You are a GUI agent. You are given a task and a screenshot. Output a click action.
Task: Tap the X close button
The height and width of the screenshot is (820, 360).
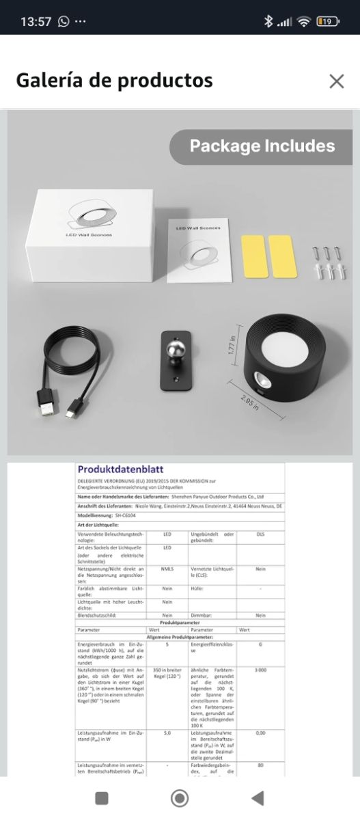tap(336, 81)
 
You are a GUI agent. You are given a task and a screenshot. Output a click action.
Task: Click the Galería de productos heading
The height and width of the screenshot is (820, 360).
tap(114, 81)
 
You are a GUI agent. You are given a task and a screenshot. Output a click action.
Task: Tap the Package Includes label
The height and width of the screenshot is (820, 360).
tap(262, 146)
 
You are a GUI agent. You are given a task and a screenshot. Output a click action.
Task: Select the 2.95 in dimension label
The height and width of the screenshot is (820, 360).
tap(250, 403)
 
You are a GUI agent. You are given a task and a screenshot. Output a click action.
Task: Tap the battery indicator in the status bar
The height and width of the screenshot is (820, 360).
tap(328, 21)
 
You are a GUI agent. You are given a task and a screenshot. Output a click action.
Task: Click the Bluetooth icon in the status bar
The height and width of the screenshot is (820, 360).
tap(268, 21)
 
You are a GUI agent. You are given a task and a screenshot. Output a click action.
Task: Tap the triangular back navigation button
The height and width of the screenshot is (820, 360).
tap(257, 797)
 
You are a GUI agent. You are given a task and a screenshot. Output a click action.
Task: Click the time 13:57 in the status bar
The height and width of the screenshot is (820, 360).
tap(36, 21)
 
